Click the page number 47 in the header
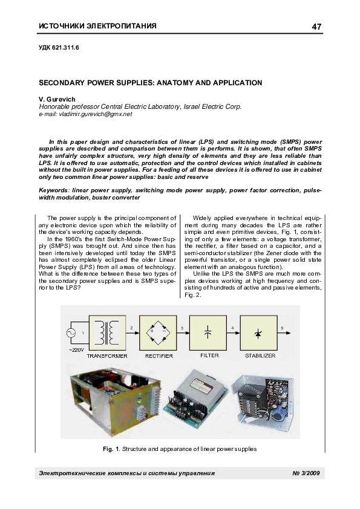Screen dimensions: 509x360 316,27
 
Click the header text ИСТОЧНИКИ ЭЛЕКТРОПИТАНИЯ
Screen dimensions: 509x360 97,26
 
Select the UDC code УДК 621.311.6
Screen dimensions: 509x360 59,47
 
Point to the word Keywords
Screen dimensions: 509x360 56,190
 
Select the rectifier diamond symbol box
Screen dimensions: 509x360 159,332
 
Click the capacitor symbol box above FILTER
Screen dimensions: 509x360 208,332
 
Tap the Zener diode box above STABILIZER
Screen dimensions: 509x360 259,332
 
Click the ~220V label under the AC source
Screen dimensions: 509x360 76,350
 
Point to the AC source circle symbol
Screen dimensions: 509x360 70,332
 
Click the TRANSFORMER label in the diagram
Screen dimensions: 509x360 107,356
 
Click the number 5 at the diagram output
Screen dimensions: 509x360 281,326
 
